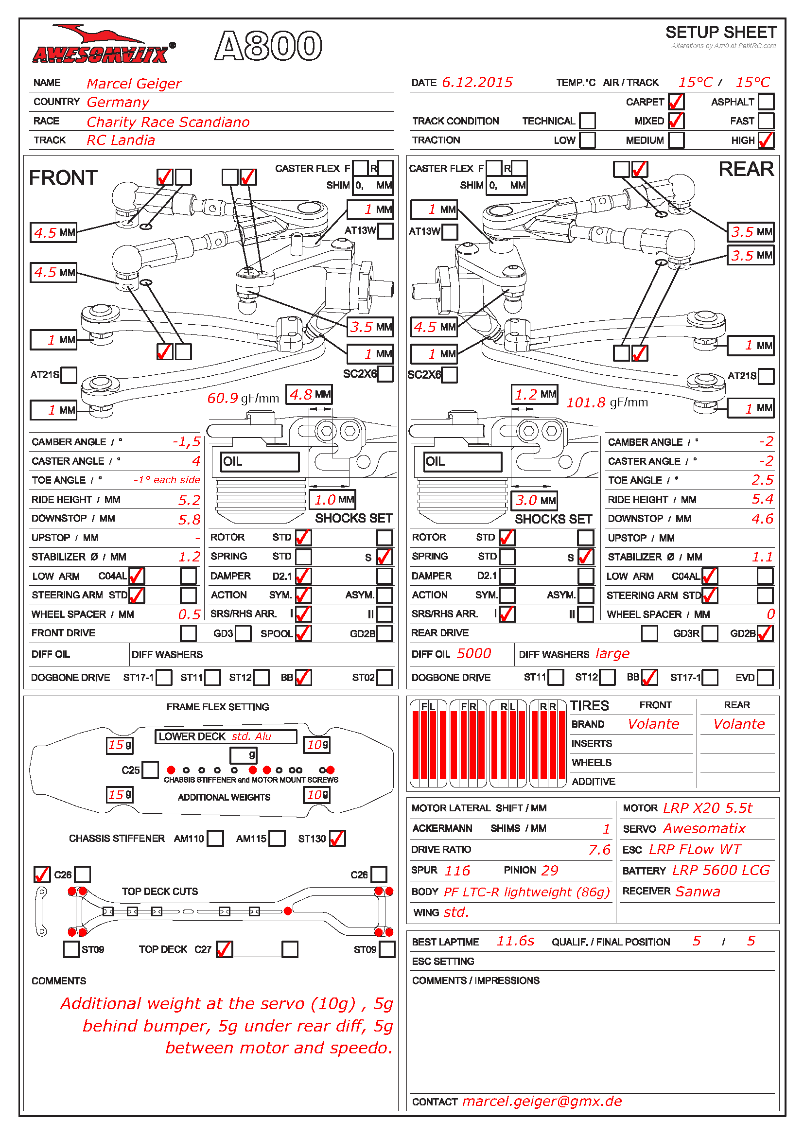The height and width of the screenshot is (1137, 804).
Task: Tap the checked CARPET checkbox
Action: [676, 102]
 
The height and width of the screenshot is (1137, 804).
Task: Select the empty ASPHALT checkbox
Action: [766, 102]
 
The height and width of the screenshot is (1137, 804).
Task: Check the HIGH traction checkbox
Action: [766, 140]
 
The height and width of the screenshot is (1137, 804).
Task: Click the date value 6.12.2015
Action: [477, 83]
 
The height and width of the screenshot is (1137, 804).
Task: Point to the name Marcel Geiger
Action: [134, 84]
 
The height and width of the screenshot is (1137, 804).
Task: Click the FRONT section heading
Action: [63, 178]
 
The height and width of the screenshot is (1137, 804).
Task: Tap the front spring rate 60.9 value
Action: [223, 398]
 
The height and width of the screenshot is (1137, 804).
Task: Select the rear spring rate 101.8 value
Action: [586, 402]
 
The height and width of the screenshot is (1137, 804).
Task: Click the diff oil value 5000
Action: [474, 654]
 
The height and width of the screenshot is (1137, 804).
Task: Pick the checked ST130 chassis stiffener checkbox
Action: [337, 839]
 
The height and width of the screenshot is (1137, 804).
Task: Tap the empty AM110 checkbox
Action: [215, 839]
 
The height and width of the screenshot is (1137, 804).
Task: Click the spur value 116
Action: [457, 871]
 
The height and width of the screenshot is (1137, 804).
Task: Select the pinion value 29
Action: [550, 871]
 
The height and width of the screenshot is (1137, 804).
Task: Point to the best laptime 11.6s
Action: [515, 941]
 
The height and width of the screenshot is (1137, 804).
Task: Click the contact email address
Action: [542, 1101]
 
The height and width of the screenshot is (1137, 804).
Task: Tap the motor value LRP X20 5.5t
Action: [707, 808]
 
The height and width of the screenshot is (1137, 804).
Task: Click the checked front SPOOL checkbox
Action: [303, 633]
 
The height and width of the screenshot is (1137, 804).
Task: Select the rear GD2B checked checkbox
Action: [765, 633]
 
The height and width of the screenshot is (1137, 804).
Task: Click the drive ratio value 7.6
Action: [599, 850]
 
